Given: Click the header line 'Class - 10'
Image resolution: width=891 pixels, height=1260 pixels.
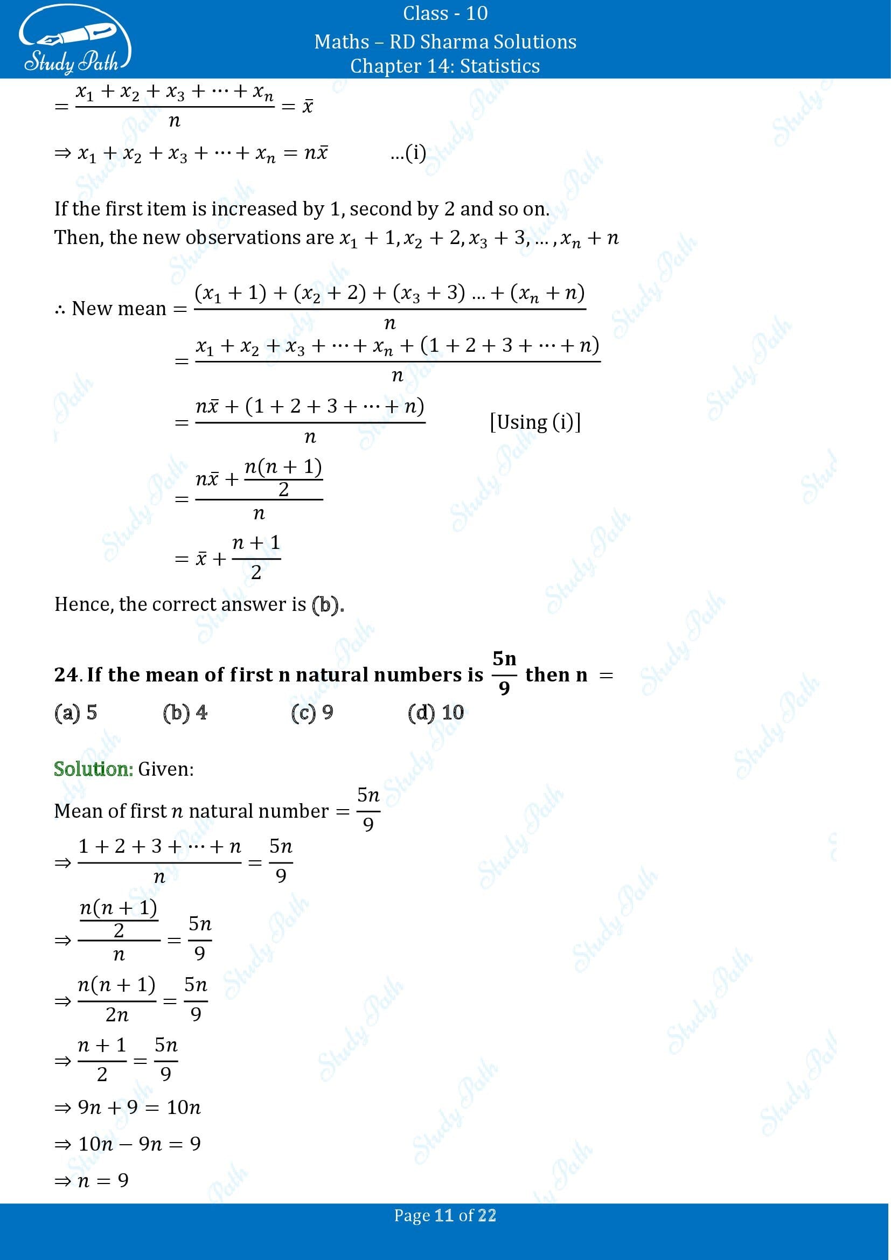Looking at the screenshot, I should coord(445,13).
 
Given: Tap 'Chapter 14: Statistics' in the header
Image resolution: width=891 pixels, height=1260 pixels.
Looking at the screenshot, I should coord(445,66).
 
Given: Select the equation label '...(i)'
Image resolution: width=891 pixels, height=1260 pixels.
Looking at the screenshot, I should coord(408,152).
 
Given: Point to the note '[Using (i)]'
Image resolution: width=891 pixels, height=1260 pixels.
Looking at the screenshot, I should coord(535,421).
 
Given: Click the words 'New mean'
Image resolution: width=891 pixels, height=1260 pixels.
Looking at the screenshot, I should coord(119,309).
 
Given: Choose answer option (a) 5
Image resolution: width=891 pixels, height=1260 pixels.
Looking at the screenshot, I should coord(76,712).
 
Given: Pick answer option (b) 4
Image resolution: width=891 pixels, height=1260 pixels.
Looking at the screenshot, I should coord(185,712).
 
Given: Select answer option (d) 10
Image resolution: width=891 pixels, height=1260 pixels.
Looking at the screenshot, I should coord(436,712).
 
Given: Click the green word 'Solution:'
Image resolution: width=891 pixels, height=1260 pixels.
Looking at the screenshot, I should coord(93,769).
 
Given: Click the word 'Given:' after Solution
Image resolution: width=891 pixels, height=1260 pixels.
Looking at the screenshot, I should coord(166,769).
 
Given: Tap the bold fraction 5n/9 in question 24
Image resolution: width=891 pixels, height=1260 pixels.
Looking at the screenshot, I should coord(504,673).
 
